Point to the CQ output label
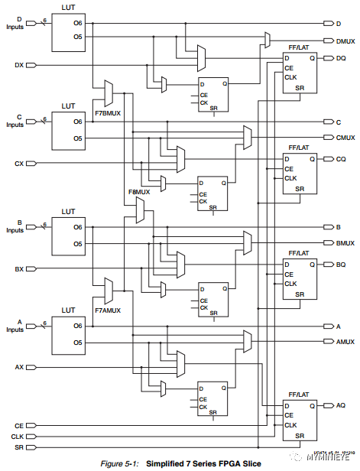341,159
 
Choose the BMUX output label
346,243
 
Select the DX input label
19,65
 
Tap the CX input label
19,164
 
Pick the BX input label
19,269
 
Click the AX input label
19,367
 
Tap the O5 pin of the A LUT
78,342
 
